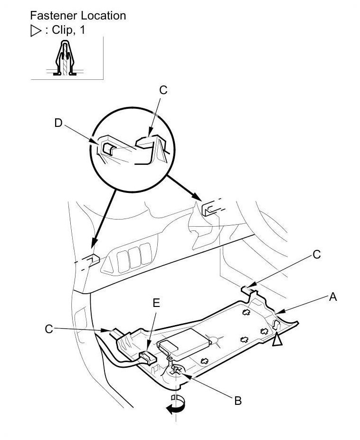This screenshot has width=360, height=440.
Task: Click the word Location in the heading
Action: coord(104,16)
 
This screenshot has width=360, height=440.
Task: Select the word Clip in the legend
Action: coord(62,30)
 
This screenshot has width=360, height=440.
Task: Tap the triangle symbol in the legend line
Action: coord(36,31)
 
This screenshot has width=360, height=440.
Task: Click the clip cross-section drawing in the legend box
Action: coord(65,58)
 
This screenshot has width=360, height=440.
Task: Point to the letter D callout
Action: coord(58,123)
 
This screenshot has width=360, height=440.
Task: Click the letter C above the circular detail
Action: coord(163,90)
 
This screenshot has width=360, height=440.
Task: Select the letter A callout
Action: coord(333,297)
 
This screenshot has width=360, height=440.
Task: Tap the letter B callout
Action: coord(238,401)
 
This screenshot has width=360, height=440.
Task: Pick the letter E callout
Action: coord(156,303)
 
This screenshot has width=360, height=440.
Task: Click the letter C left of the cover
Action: coord(49,329)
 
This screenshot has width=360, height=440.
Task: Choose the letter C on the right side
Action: coord(316,255)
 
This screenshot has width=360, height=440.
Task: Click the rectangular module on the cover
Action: coord(184,342)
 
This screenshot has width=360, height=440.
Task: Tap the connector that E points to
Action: coord(148,357)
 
